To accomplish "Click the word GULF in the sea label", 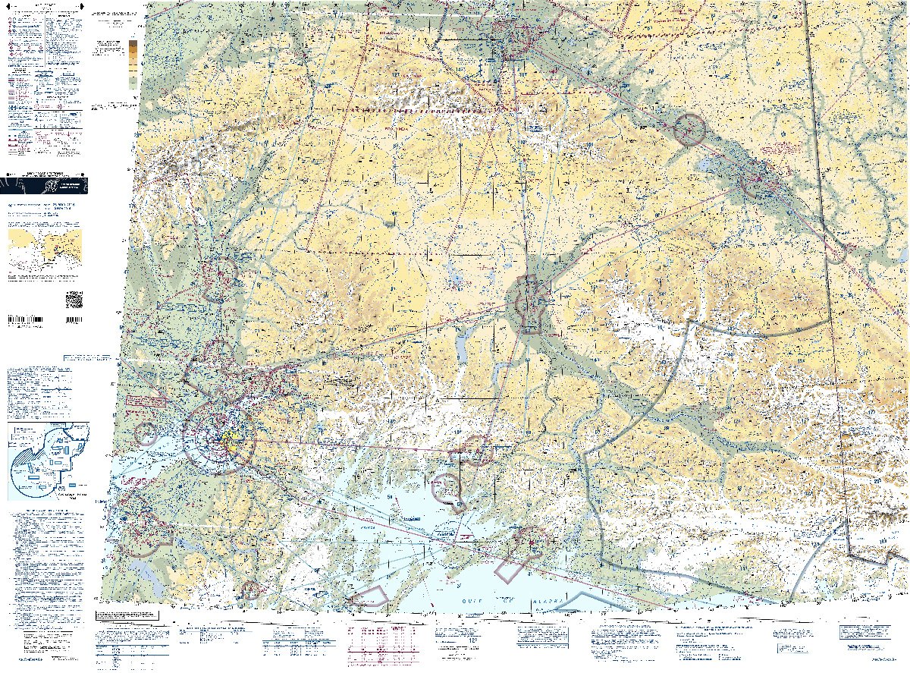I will pos(471,600).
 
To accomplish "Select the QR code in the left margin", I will pos(74,300).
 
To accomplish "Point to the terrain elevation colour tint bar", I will pos(133,64).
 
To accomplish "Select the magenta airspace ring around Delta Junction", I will pos(689,129).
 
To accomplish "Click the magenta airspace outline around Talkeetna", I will pos(218,278).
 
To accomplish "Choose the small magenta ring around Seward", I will pos(250,590).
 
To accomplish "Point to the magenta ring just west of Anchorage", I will pos(146,434).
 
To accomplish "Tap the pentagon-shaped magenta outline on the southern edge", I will pos(372,597).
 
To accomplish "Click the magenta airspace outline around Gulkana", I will pos(531,305).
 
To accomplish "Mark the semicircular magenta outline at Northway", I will pos(836,253).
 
